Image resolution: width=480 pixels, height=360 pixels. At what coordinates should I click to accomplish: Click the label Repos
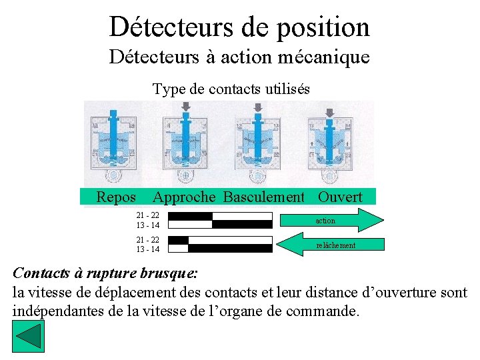click(116, 197)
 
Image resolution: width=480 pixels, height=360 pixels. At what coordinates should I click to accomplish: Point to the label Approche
click(184, 197)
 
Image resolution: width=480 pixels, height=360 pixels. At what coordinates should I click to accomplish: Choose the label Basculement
click(264, 197)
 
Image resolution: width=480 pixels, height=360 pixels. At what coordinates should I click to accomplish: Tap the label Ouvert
click(340, 197)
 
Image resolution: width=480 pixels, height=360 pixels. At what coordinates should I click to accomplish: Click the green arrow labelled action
click(329, 220)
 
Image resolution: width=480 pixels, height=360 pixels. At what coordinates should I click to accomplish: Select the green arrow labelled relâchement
click(329, 245)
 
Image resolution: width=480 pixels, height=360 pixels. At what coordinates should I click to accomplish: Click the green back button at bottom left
click(28, 337)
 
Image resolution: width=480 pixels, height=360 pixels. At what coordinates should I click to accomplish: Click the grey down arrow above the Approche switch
click(185, 107)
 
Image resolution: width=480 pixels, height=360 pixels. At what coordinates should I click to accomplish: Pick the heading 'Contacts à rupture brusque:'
click(105, 273)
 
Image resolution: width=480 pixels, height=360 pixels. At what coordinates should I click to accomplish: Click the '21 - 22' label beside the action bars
click(147, 215)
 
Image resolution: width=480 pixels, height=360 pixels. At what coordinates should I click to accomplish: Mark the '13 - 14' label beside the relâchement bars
click(147, 249)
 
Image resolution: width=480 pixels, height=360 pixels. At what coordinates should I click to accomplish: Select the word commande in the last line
click(323, 311)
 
